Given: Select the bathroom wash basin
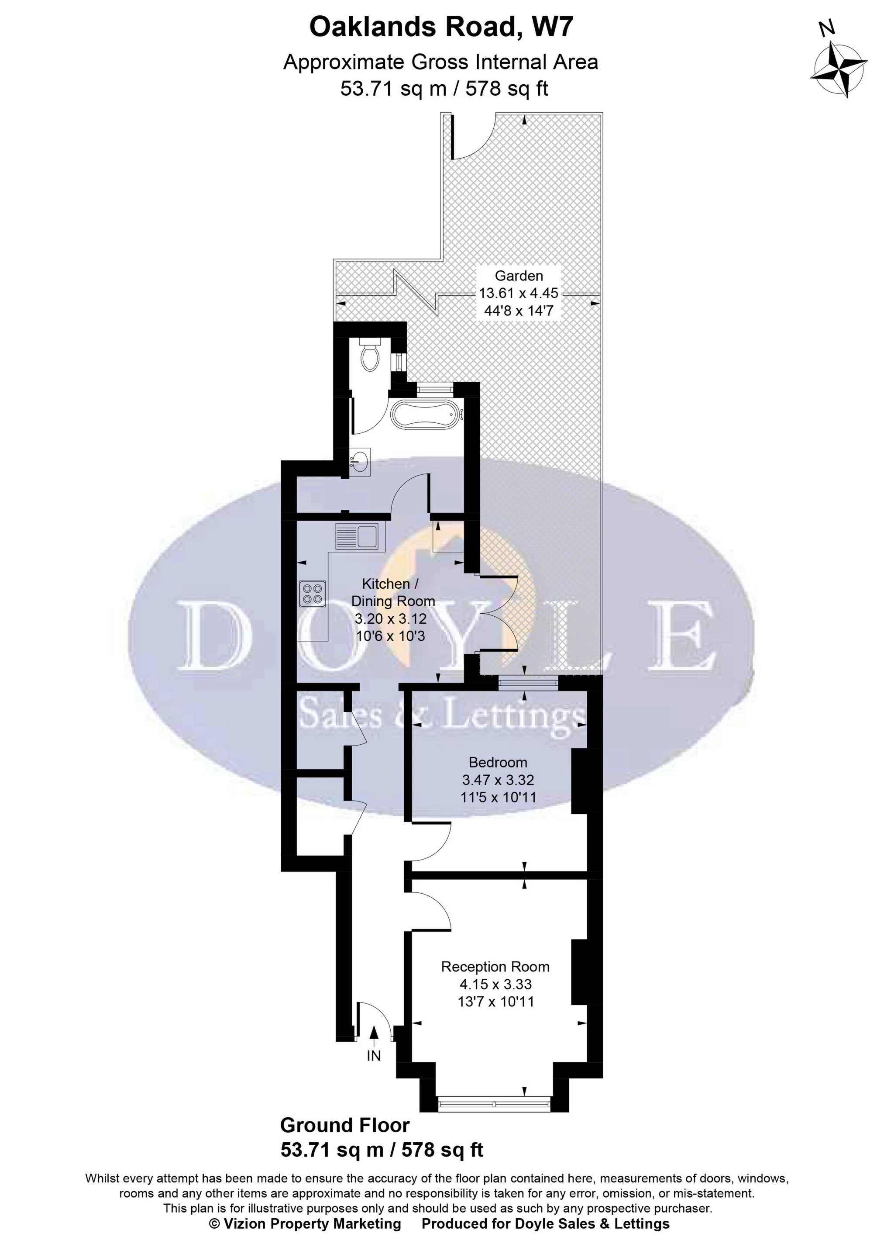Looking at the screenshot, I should click(360, 461).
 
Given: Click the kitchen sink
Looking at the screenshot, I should click(357, 536).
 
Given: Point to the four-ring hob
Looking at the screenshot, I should click(313, 594).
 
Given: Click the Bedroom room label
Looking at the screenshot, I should click(498, 762).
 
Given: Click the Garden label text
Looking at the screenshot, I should click(518, 275).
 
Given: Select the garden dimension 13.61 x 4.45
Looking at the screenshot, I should click(518, 293).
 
